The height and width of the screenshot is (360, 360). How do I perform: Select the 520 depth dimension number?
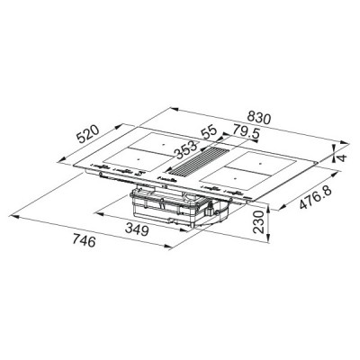pos(88,136)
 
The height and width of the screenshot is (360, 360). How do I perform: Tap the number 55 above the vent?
pos(208,131)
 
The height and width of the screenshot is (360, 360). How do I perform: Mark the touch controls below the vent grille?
pos(167,179)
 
